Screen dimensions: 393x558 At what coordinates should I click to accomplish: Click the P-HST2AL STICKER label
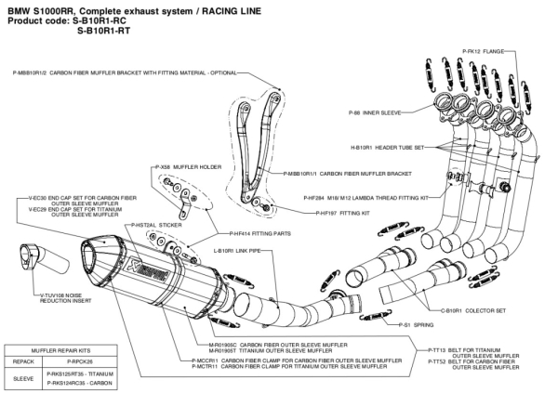[154, 225]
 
